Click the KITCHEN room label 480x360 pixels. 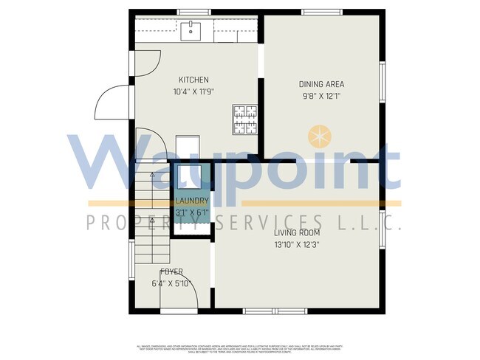point(193,80)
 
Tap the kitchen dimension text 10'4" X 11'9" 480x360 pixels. point(193,92)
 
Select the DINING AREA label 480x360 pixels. point(321,83)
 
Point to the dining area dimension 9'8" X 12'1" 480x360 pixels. point(321,96)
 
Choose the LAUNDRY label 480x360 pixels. point(192,201)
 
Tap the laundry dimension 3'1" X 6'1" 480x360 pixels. point(192,212)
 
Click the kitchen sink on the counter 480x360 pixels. point(191,30)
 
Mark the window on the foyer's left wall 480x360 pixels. point(131,257)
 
